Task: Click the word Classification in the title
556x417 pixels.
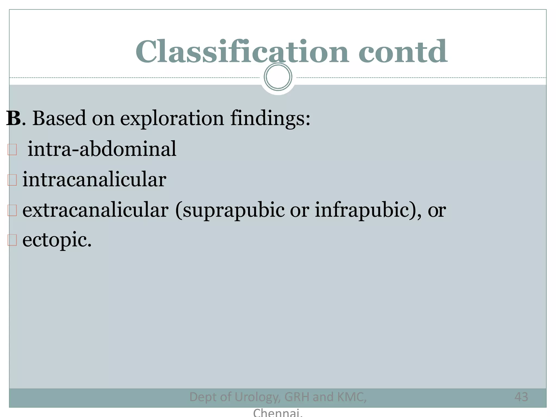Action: (242, 52)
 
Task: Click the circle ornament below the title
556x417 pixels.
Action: (278, 77)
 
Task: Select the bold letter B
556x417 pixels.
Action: (14, 118)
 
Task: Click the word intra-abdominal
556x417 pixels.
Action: (102, 149)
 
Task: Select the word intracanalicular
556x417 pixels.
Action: (94, 179)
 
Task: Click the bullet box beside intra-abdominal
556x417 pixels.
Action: (12, 150)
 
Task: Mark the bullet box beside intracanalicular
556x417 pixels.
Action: (12, 180)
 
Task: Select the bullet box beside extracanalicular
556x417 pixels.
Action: (12, 210)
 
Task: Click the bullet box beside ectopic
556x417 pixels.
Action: (12, 240)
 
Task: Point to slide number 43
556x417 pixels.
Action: (521, 397)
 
